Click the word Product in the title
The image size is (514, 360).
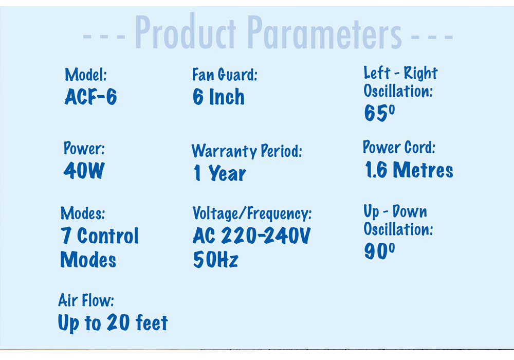coord(185,32)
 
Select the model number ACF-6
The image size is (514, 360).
coord(91,97)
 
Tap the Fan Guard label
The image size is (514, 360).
coord(225,75)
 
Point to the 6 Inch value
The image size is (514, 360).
coord(218,97)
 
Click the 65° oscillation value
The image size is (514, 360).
coord(380,113)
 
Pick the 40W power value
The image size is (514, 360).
coord(84,171)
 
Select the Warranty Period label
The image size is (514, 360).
coord(247,151)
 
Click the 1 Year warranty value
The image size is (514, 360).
coord(219,173)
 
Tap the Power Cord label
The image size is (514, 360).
coord(399,147)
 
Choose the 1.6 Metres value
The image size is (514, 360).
coord(409,170)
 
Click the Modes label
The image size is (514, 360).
coord(83,213)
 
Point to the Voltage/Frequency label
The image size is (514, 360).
coord(252,213)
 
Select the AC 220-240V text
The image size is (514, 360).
coord(252,236)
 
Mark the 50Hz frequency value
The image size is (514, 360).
coord(216,259)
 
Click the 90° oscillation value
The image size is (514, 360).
coord(380,251)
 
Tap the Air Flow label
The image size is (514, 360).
coord(86,300)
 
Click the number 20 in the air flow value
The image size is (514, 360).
coord(118,322)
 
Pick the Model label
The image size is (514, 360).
coord(86,75)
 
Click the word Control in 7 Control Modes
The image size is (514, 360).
coord(108,236)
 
